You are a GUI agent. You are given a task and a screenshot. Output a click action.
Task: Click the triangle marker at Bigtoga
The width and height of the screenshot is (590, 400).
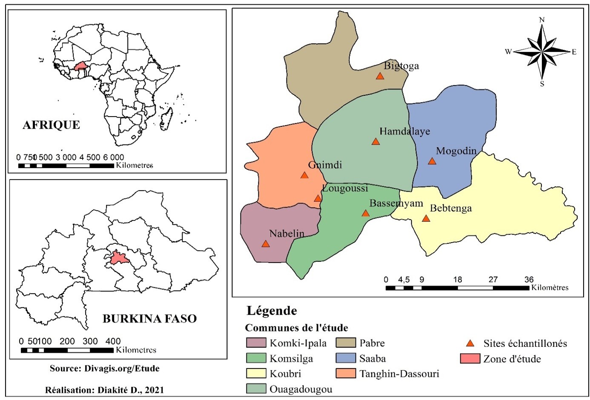point(380,76)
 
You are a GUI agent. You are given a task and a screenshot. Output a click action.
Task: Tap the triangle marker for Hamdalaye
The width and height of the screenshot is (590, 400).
point(375,141)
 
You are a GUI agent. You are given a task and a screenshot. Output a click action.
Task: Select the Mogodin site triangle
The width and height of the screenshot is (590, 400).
point(432,161)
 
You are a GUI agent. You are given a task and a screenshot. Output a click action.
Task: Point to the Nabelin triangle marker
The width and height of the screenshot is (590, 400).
point(265,244)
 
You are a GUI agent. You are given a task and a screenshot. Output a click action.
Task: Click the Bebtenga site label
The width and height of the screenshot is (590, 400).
point(451,208)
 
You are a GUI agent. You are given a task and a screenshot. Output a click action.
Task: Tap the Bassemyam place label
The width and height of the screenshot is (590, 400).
point(396,203)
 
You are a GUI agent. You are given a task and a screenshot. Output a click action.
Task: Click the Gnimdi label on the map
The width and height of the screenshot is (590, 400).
point(325,165)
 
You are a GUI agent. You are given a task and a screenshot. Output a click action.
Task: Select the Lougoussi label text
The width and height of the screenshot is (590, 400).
point(345,188)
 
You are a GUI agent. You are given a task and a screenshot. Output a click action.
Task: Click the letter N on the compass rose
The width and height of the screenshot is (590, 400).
point(542,20)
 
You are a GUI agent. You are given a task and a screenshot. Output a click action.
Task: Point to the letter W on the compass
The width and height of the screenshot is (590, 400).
point(508,52)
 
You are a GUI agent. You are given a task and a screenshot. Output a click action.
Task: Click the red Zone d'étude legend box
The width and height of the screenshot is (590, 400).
point(470,359)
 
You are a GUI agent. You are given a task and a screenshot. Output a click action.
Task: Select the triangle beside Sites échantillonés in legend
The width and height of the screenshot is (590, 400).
point(470,343)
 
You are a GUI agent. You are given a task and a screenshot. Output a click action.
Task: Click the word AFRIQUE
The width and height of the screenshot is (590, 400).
point(51,125)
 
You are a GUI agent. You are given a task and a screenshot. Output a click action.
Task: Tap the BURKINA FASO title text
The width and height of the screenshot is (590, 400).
point(149,319)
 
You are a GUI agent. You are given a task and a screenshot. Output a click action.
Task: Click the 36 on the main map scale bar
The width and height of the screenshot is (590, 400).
point(529,280)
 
